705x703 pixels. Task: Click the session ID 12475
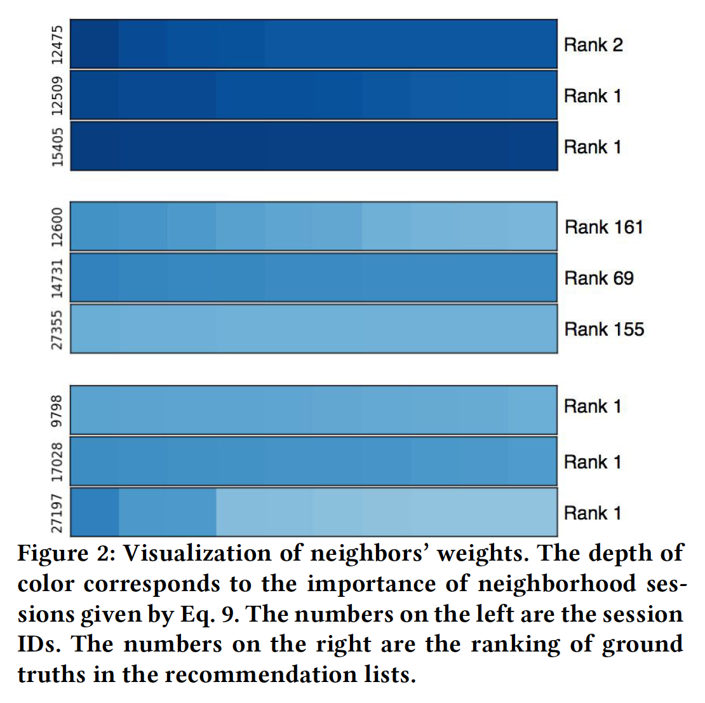58,44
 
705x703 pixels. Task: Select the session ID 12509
58,95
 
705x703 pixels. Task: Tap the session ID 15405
58,147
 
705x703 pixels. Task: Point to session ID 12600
58,227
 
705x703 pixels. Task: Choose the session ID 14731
58,278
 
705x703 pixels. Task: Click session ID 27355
58,329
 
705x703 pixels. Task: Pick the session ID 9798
58,411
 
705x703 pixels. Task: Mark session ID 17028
58,462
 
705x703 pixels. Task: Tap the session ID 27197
58,513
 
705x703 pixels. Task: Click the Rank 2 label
593,45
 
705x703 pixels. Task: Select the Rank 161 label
603,227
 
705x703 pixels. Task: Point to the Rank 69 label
598,278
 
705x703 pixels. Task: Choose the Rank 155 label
603,329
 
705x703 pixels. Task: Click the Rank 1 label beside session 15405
592,147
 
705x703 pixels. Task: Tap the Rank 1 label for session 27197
592,513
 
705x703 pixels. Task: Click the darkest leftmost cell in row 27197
95,512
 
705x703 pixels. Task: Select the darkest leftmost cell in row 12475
95,44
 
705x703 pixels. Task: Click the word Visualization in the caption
197,553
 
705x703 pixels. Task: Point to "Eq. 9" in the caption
210,614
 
